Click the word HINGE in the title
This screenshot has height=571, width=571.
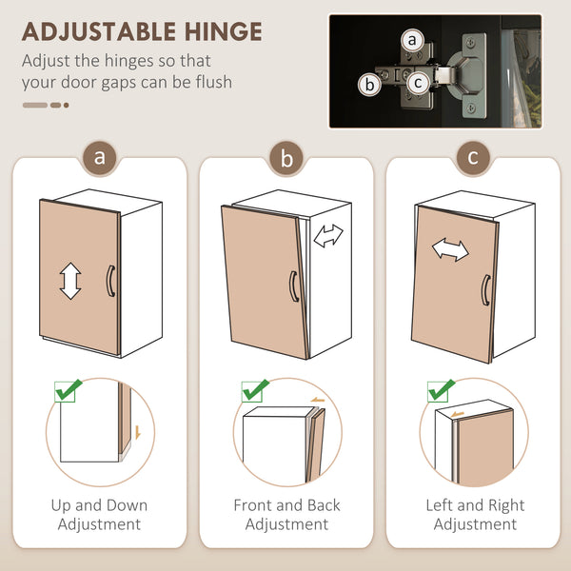point(224,31)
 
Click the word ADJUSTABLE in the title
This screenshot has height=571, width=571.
point(100,31)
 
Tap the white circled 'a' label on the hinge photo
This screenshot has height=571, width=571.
point(412,40)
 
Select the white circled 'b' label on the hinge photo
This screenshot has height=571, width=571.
point(369,85)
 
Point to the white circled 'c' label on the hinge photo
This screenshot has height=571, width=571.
point(418,83)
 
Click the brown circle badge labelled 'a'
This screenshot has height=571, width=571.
point(99,158)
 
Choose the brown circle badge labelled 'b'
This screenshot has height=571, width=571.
point(286,158)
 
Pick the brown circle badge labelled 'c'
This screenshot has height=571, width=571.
point(473,158)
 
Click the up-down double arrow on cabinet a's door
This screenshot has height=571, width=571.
point(70,281)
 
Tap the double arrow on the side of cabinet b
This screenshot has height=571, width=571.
point(328,236)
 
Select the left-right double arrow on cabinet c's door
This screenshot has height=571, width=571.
point(450,249)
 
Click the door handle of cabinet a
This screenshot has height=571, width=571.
point(110,281)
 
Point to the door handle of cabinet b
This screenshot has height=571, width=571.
point(294,286)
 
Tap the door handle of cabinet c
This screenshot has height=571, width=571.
point(486,290)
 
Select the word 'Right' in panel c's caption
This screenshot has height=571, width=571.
point(506,505)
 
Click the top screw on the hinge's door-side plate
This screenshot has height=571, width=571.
point(471,43)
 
